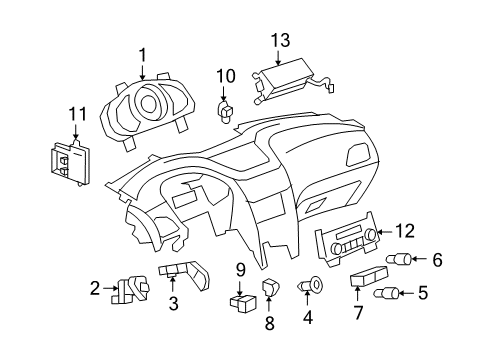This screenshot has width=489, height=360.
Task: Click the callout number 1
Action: click(x=142, y=55)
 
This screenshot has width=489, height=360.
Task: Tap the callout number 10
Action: click(x=224, y=74)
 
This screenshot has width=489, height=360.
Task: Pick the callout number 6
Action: click(x=437, y=259)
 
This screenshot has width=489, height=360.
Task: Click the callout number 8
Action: click(x=268, y=324)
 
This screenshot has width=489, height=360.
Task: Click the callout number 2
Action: click(x=95, y=290)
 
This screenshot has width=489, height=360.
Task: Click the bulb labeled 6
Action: click(x=403, y=260)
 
